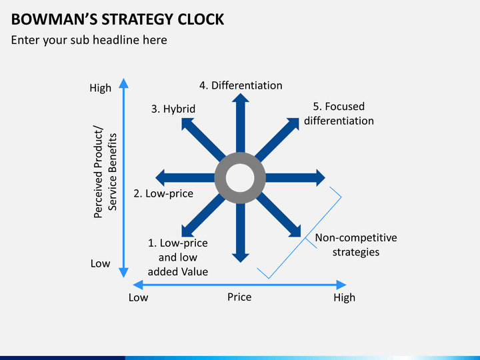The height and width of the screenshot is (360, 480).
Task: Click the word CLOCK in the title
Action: coord(201,19)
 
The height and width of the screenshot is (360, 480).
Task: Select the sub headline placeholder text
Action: coord(89,40)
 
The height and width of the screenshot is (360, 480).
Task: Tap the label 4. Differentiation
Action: coord(241,85)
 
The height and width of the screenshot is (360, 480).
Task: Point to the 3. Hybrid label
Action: coord(173,109)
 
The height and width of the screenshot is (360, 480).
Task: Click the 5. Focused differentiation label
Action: coord(339,113)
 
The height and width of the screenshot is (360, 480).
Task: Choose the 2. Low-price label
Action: coord(163,193)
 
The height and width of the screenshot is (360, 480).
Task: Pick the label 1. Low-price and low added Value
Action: coord(178,257)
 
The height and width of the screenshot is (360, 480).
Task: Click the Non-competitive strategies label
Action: coord(356,245)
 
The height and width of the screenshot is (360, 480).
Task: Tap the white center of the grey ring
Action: coord(240,178)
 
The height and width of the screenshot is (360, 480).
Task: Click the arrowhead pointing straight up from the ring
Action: coord(240,97)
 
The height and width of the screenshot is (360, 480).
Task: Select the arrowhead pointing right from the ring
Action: coord(321,178)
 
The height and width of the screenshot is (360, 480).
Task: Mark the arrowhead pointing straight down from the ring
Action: coord(240,258)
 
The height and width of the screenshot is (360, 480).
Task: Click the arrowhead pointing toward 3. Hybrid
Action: coord(187,123)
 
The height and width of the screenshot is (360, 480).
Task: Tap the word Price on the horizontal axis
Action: coord(239,297)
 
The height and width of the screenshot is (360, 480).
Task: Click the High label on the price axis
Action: coord(345,297)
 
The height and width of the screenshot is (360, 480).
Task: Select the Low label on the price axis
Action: coord(139,297)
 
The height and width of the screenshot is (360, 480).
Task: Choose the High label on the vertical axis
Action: coord(101,88)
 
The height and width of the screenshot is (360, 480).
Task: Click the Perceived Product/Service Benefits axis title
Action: coord(105,172)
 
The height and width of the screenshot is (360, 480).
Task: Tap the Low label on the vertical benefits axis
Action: coord(101,263)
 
